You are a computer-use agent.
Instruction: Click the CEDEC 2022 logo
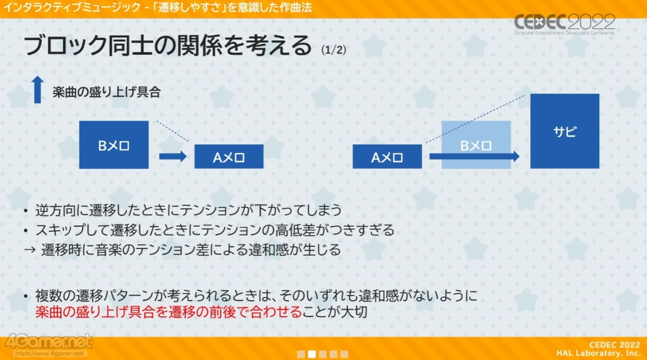point(564,24)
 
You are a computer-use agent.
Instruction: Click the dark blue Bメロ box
point(114,145)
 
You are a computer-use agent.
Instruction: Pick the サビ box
point(564,131)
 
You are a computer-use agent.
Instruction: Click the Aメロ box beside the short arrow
point(229,157)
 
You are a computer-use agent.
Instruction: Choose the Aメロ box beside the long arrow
point(387,157)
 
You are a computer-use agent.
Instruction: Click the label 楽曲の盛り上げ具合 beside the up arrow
point(107,93)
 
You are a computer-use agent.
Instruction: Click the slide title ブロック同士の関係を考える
point(167,46)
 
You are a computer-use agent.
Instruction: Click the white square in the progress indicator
point(312,354)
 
